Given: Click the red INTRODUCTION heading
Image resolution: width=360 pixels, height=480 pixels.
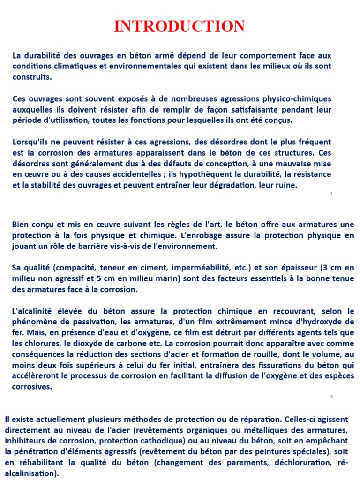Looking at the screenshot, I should pos(180,26).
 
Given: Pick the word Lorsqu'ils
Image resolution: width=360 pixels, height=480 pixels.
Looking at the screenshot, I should pos(31,142).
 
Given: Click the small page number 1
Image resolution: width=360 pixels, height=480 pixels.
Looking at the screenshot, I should pos(331,193).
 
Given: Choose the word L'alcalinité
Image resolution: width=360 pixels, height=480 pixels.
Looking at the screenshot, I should pos(34,311).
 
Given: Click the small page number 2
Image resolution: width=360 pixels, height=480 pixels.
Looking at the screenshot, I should pos(331,397).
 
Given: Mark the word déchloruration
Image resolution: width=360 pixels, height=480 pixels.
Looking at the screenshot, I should pos(297,462).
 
